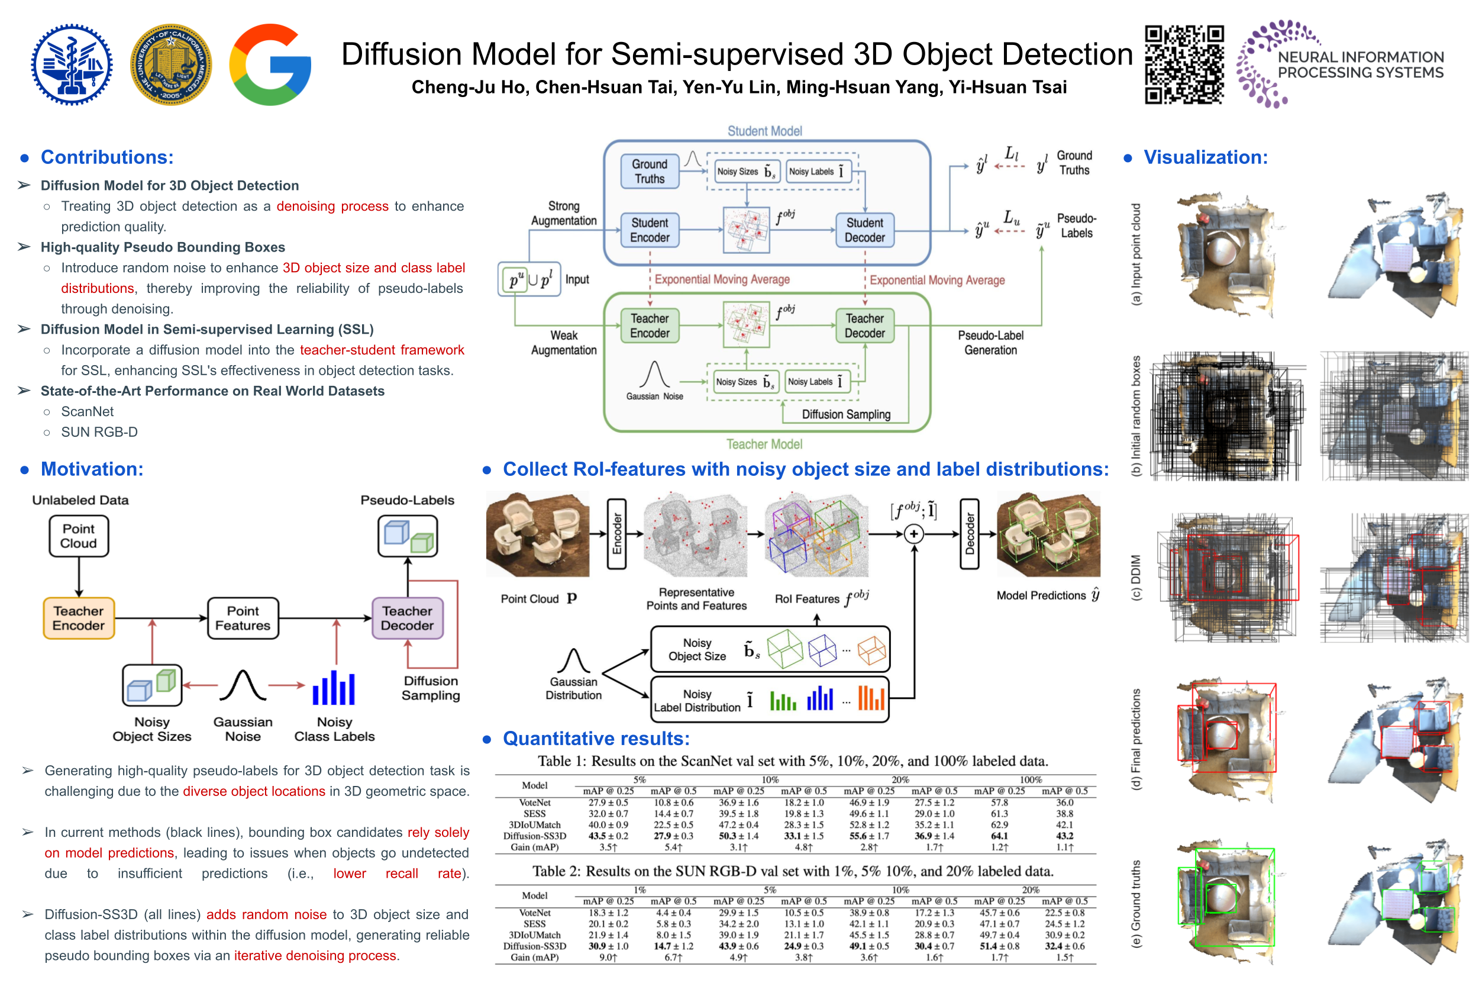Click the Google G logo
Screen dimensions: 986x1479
point(270,65)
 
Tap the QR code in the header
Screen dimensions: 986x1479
point(1184,64)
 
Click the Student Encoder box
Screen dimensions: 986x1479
point(650,230)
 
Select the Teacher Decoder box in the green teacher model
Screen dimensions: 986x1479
point(864,326)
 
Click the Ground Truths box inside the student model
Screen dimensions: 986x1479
point(650,171)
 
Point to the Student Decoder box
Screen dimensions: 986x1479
point(864,230)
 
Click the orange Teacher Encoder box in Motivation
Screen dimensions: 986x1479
point(79,618)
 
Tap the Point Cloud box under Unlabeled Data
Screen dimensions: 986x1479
point(79,536)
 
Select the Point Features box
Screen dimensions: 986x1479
point(243,618)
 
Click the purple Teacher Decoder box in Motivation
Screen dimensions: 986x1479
point(407,618)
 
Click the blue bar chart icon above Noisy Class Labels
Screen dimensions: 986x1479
point(334,688)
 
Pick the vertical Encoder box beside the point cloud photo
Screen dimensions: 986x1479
point(616,534)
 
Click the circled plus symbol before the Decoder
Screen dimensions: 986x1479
point(914,534)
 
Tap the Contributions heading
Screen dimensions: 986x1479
point(107,157)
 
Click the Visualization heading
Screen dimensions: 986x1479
point(1205,157)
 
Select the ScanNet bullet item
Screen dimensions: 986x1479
point(88,411)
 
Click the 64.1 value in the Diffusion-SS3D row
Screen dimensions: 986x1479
point(999,836)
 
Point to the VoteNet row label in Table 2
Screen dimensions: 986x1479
point(534,913)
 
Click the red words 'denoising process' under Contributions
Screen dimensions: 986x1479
point(332,206)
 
